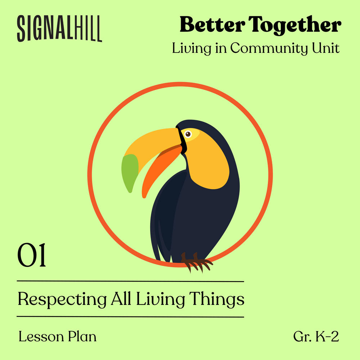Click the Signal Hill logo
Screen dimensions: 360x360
click(x=59, y=28)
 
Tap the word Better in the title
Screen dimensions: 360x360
click(x=212, y=24)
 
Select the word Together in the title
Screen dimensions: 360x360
click(x=295, y=25)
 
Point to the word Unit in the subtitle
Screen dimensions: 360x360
click(x=325, y=48)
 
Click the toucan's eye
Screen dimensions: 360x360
click(x=188, y=134)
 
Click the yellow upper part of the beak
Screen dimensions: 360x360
click(x=154, y=145)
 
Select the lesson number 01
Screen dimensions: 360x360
click(x=31, y=255)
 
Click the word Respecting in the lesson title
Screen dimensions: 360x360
click(x=62, y=300)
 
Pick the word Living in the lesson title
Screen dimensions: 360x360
click(x=161, y=300)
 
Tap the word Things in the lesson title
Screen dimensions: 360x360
click(x=216, y=300)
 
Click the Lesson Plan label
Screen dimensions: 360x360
click(x=57, y=337)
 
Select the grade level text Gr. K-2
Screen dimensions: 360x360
click(x=316, y=337)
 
